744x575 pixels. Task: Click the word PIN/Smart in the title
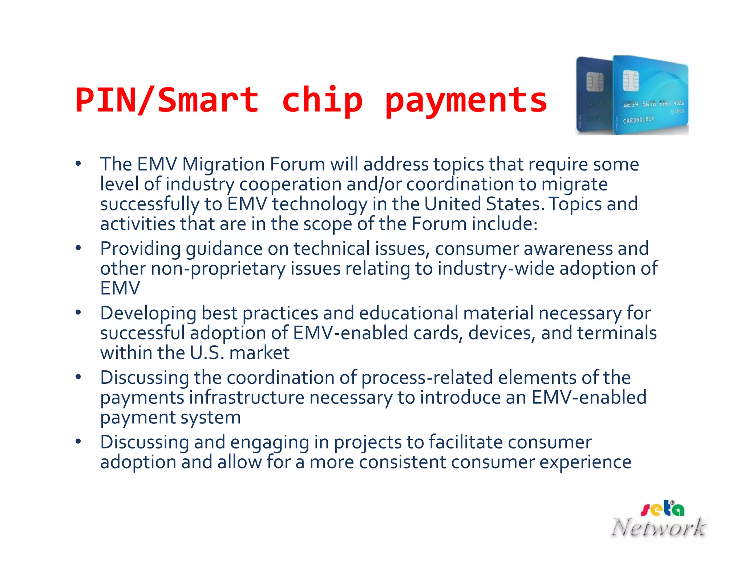[167, 100]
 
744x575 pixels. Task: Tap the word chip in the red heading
[322, 100]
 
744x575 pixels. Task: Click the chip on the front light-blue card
[631, 80]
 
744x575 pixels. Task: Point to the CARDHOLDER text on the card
[638, 120]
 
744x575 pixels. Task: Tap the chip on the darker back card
[595, 81]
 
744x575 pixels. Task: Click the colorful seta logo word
[662, 509]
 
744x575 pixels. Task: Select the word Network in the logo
[659, 527]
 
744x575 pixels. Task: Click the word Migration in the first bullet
[223, 164]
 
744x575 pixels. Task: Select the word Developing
[148, 313]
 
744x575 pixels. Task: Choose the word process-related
[427, 378]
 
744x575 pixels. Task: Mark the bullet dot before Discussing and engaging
[78, 442]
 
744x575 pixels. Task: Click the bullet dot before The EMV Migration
[78, 164]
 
